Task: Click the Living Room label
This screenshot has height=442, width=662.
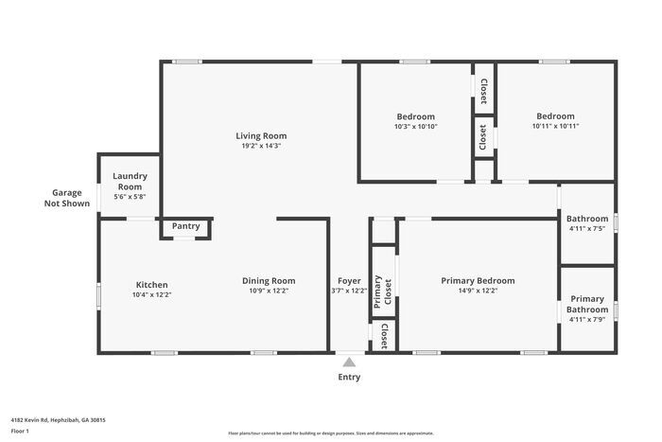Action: click(x=261, y=135)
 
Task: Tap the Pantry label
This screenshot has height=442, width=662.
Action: click(x=185, y=226)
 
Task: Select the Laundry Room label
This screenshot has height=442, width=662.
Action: click(x=129, y=181)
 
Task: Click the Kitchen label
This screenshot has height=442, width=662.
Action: click(x=151, y=285)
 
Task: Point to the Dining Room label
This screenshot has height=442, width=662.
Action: click(x=269, y=280)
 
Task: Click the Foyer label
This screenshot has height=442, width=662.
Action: click(x=349, y=280)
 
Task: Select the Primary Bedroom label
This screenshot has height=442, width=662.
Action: click(x=478, y=280)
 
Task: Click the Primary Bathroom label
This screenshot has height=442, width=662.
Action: click(x=586, y=304)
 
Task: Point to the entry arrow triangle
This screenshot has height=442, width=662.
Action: click(x=349, y=362)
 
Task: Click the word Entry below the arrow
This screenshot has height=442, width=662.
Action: click(x=349, y=377)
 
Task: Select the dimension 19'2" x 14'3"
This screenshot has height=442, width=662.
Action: click(x=261, y=146)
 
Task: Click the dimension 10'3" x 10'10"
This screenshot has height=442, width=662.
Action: click(x=415, y=126)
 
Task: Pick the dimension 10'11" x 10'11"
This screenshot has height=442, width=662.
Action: click(x=555, y=126)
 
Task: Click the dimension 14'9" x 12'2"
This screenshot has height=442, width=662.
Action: click(x=478, y=291)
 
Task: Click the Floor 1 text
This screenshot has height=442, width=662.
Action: click(x=21, y=431)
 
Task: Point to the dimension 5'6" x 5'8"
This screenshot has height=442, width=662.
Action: click(x=129, y=196)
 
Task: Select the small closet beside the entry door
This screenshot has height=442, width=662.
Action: click(x=382, y=336)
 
